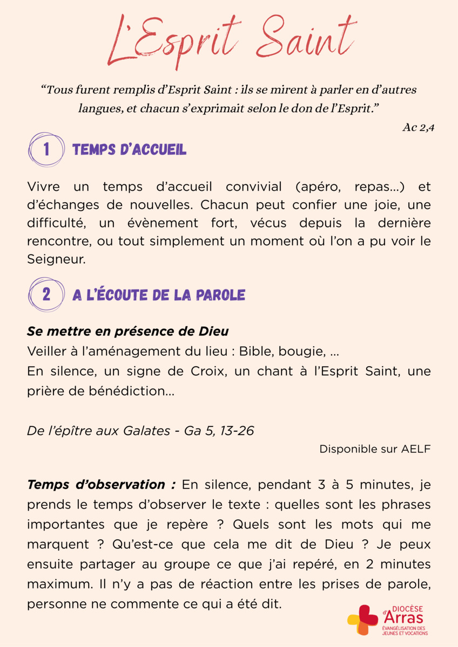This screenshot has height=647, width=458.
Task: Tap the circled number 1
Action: (x=46, y=149)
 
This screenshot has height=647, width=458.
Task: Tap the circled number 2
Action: (x=46, y=294)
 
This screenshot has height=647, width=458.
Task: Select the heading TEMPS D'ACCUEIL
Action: (x=130, y=150)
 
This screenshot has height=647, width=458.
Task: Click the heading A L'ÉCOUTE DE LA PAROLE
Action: (x=159, y=295)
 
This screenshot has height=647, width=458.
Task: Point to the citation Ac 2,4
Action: (x=418, y=127)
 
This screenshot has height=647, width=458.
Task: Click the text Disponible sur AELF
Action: (x=375, y=449)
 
